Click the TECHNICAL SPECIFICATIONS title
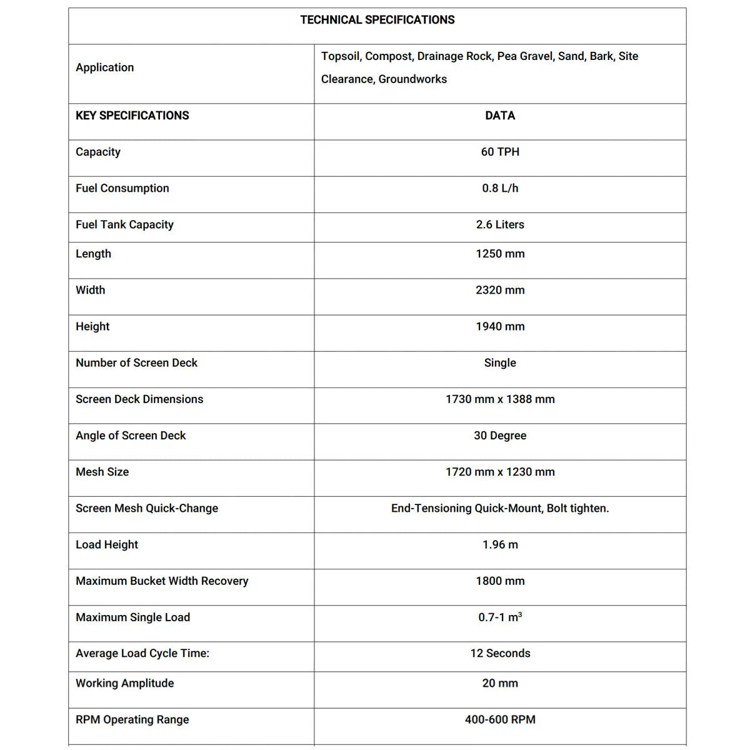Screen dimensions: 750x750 tap(377, 20)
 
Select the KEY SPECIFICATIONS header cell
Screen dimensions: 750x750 tap(132, 116)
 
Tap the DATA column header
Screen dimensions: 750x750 tap(500, 116)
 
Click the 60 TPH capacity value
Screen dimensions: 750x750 tap(500, 152)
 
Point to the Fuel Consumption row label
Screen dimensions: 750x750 tap(122, 188)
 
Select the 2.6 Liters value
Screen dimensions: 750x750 tap(500, 224)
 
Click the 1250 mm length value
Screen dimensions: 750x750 tap(500, 254)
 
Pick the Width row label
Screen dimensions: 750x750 tap(91, 290)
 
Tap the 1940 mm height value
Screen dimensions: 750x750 tap(500, 326)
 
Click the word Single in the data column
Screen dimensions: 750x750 tap(500, 362)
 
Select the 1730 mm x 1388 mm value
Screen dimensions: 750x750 tap(500, 399)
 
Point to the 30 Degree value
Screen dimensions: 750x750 tap(500, 436)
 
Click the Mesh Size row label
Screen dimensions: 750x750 tap(102, 472)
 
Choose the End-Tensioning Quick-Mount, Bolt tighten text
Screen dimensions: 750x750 tap(500, 508)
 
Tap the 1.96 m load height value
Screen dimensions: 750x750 tap(500, 544)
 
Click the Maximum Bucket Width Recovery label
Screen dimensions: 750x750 tap(162, 581)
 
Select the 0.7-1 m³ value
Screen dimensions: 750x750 tap(500, 617)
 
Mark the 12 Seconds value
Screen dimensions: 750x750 tap(500, 653)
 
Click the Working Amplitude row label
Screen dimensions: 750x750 tap(125, 683)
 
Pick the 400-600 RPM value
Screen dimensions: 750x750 tap(500, 719)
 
